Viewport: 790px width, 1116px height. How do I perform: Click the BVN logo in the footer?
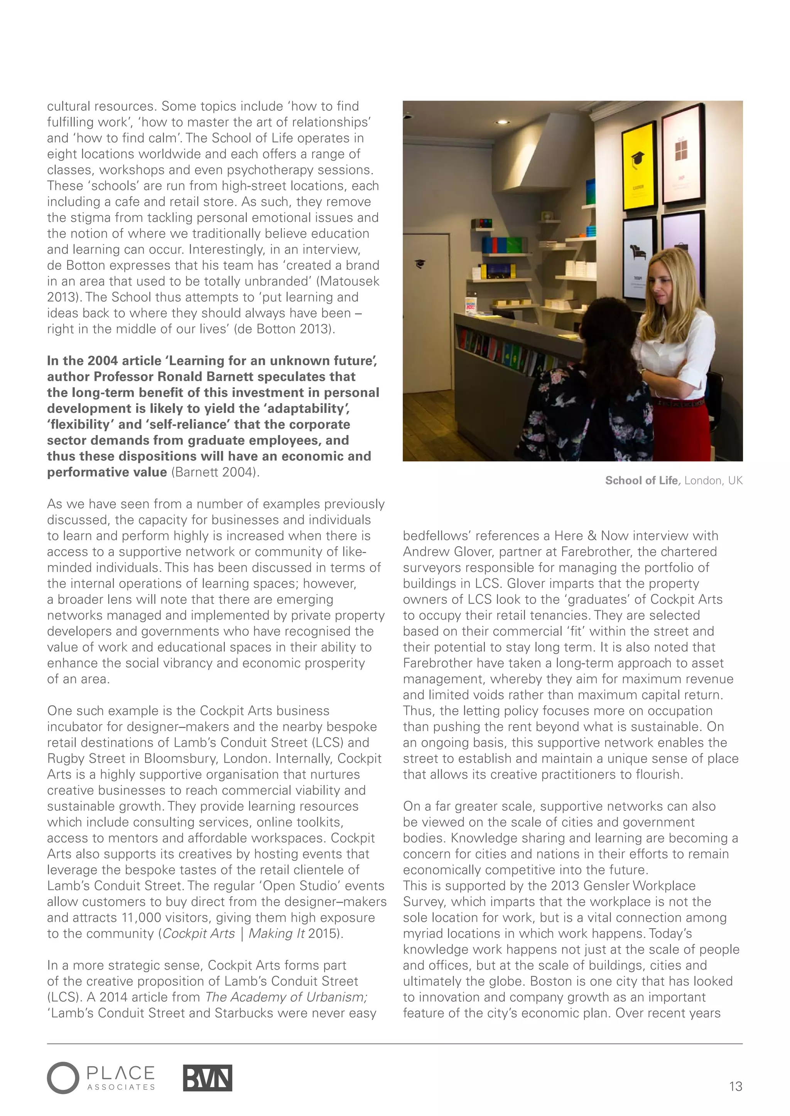(207, 1077)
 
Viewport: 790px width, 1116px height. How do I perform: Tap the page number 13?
(736, 1086)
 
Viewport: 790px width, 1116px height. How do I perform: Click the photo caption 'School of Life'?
(641, 480)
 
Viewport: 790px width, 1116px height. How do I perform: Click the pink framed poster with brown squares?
(684, 154)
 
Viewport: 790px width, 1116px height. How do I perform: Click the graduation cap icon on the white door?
(419, 264)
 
